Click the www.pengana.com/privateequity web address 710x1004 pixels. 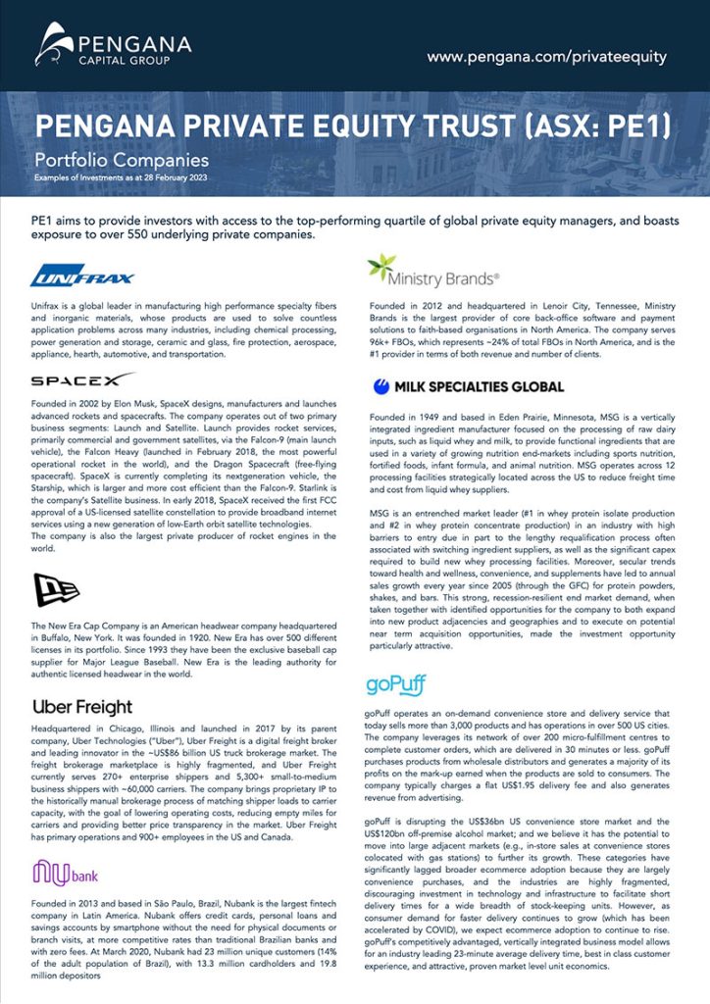546,57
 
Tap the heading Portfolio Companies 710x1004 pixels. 122,159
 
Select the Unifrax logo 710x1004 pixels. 82,276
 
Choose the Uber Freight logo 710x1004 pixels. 82,707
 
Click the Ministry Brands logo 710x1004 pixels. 431,270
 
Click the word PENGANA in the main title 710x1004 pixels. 97,126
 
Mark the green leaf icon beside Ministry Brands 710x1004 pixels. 380,267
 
